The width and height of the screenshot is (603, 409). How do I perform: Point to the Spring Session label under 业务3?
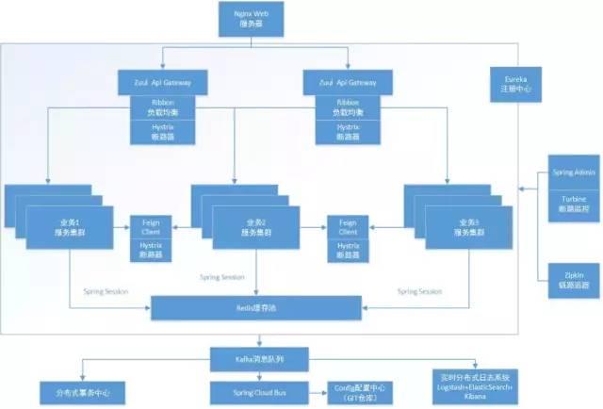[419, 291]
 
